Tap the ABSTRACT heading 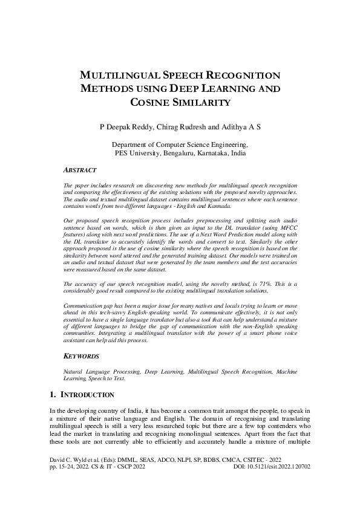tap(81, 170)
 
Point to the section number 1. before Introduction tap(53, 395)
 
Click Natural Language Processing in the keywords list tap(94, 370)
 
